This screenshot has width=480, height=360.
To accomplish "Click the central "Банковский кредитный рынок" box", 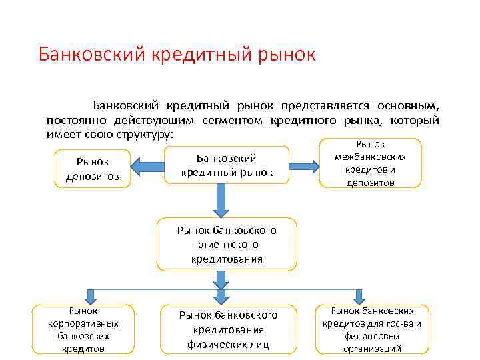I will tap(227, 165).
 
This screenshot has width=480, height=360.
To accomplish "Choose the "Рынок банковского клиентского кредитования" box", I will tap(227, 244).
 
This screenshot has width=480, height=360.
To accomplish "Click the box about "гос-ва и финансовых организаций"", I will tap(372, 329).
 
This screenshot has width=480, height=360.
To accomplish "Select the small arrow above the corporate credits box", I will tap(91, 295).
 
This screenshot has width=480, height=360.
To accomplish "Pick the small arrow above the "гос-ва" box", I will tap(359, 295).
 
